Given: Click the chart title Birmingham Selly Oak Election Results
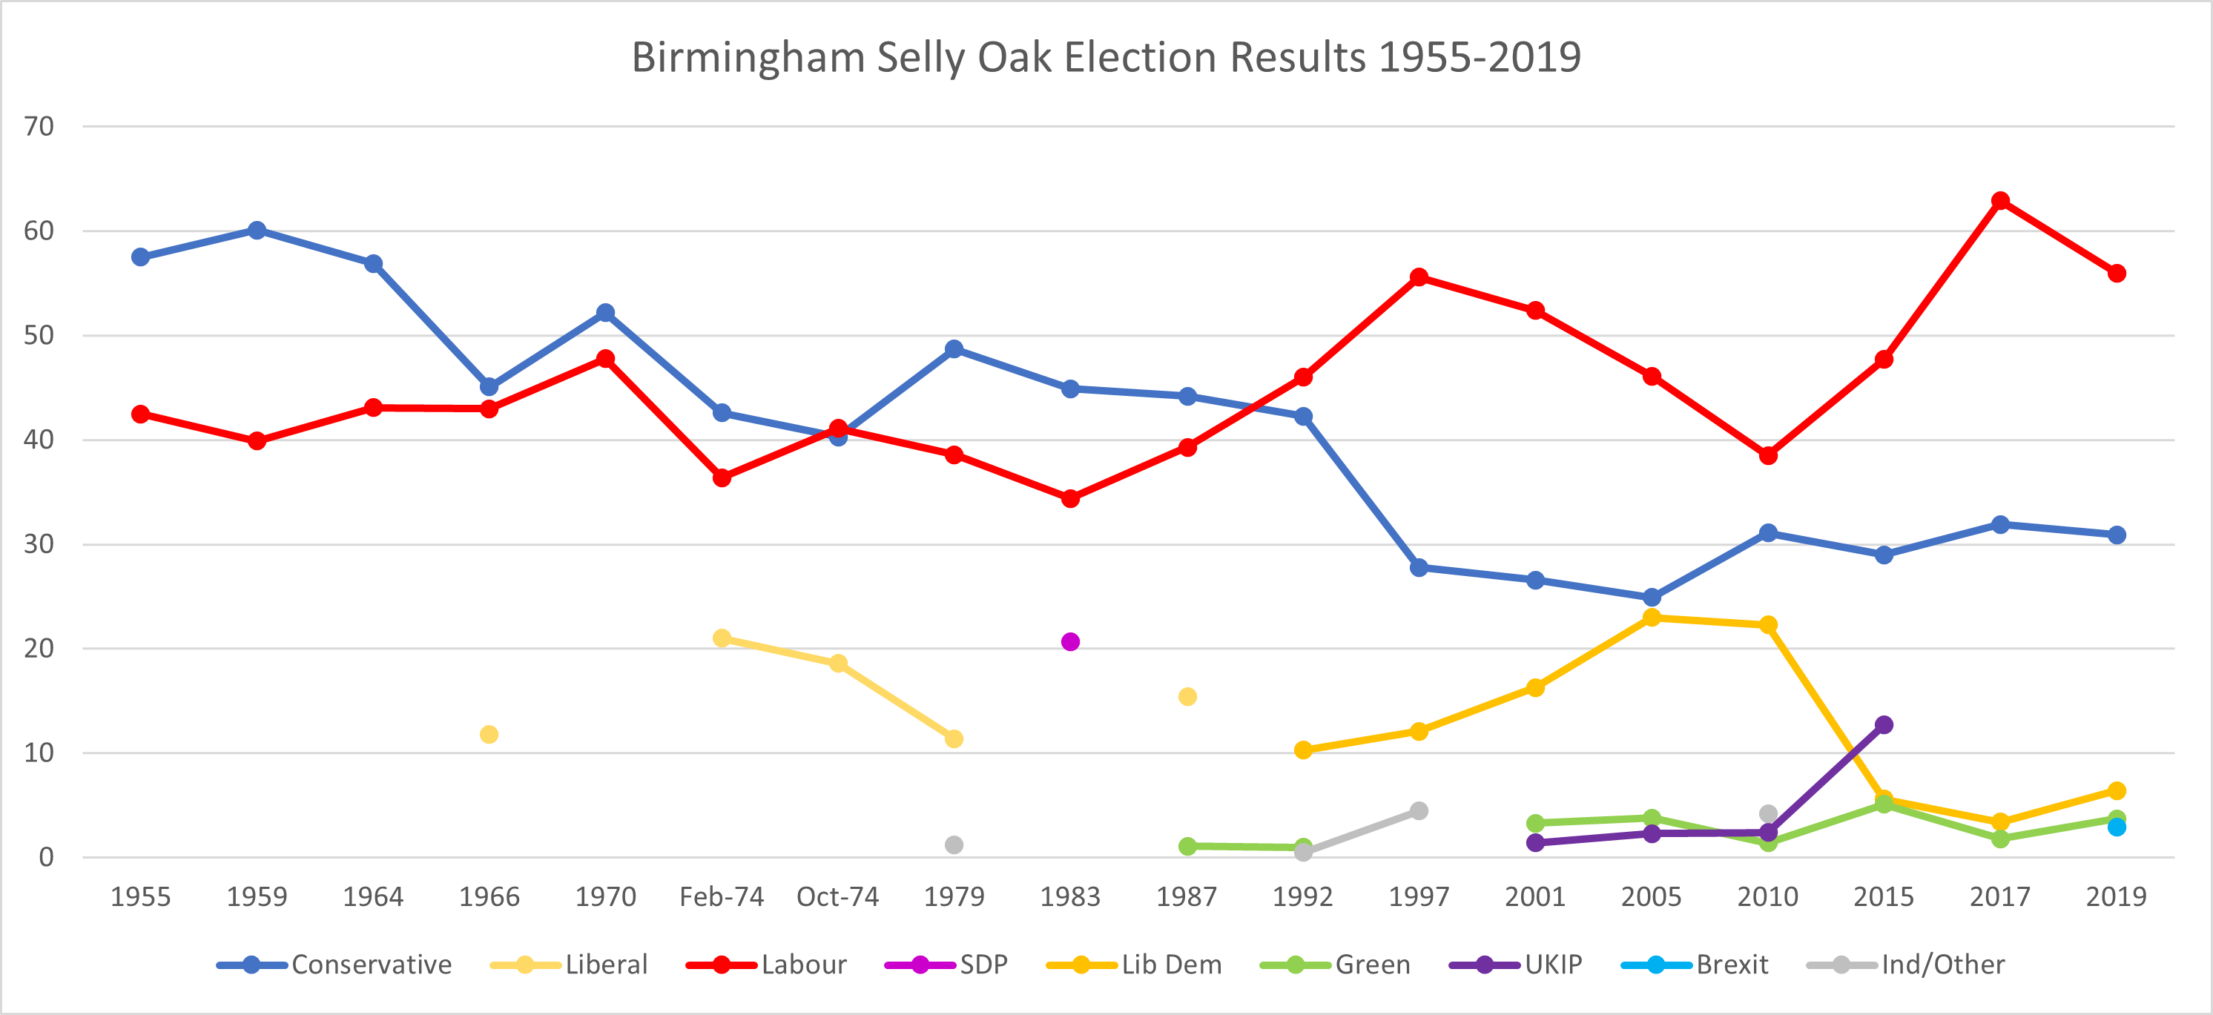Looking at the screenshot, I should click(1106, 59).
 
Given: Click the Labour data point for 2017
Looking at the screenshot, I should click(2000, 201).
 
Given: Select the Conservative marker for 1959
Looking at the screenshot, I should click(257, 230).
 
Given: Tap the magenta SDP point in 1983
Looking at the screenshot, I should click(1070, 641).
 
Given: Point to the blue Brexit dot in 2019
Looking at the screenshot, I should click(2117, 827).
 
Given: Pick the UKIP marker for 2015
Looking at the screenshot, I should click(1884, 725).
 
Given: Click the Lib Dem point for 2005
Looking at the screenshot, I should click(1651, 618).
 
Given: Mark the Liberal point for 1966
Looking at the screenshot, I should click(489, 734).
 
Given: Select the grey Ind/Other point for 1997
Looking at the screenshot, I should click(1419, 810).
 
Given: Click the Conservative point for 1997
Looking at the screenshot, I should click(1419, 568).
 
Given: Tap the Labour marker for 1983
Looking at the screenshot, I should click(1070, 498).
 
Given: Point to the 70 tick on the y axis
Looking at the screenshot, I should click(39, 126).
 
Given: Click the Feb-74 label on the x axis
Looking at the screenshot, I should click(722, 896).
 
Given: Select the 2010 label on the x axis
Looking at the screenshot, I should click(1767, 896).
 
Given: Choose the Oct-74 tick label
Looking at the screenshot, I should click(837, 896).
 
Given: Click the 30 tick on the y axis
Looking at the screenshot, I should click(39, 543).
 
